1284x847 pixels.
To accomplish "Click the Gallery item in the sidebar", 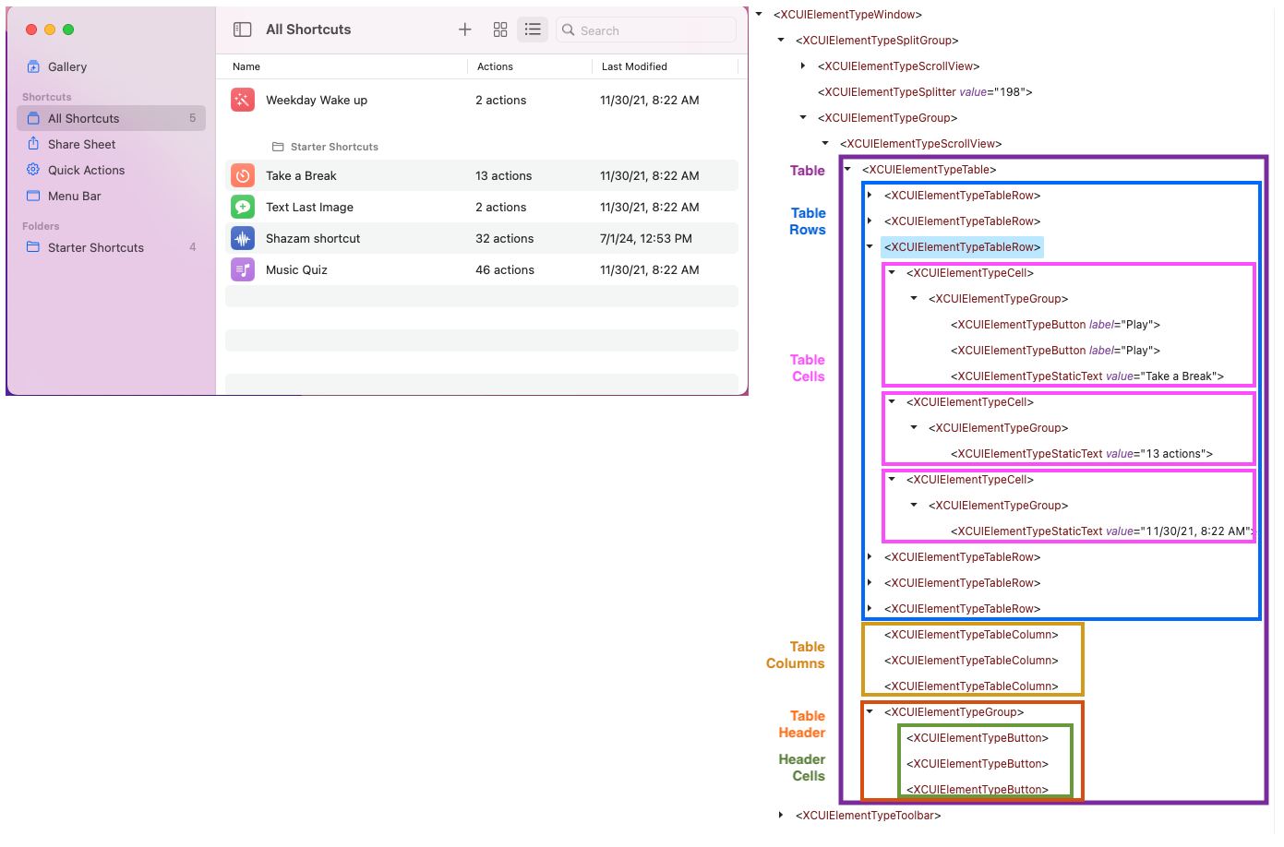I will click(x=66, y=66).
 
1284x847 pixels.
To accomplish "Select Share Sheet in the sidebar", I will click(x=81, y=144).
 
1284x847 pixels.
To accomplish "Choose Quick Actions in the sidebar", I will click(x=86, y=170).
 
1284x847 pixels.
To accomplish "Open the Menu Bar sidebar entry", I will click(x=74, y=196).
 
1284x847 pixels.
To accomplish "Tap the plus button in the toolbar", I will click(x=465, y=30).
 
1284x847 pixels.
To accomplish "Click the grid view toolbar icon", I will click(x=500, y=30).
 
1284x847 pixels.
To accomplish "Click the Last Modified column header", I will click(x=634, y=66).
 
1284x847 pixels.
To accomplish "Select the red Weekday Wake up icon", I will click(x=243, y=100).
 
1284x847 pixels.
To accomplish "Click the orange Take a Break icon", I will click(x=243, y=175).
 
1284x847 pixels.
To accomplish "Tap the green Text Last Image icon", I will click(x=243, y=207).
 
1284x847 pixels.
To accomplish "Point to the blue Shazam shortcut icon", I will click(x=243, y=238).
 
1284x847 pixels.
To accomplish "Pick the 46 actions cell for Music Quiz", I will click(x=505, y=269).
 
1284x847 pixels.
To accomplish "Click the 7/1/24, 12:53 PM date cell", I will click(x=646, y=238).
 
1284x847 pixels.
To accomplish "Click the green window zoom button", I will click(x=68, y=30).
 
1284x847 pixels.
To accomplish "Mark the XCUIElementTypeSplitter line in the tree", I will click(x=925, y=92).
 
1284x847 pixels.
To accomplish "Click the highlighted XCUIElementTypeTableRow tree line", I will click(x=962, y=247).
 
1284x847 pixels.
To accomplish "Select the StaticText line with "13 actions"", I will click(x=1082, y=454).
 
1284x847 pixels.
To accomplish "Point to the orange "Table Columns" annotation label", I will click(x=796, y=655).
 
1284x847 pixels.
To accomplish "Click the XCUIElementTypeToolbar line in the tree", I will click(x=868, y=816).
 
